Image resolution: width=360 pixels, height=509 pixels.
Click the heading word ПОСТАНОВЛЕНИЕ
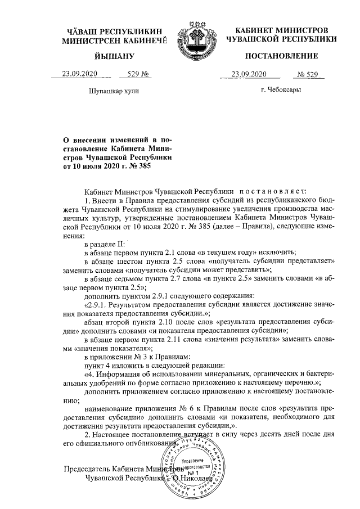click(x=281, y=56)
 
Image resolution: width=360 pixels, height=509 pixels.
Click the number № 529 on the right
click(x=307, y=74)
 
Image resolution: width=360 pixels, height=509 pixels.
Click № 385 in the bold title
click(x=141, y=166)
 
